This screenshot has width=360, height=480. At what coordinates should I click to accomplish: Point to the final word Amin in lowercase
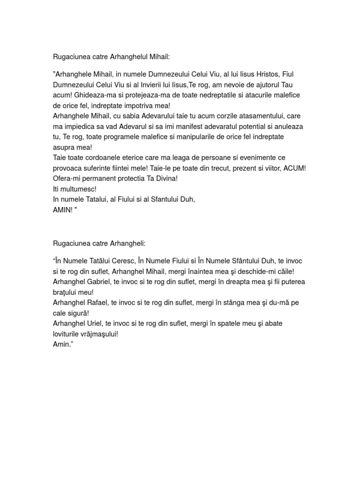point(61,345)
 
